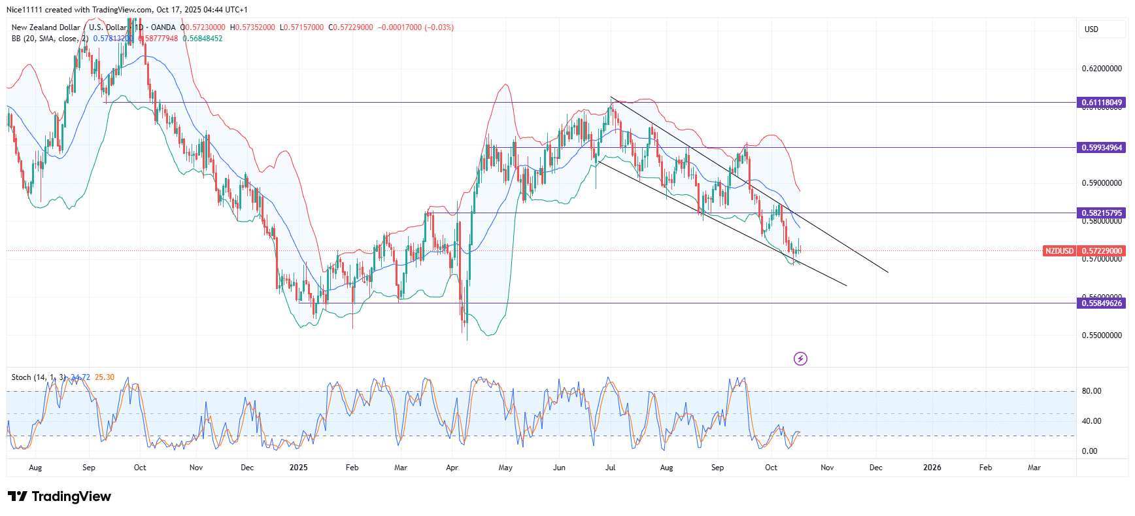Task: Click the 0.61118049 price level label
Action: [x=1102, y=103]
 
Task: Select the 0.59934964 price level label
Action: [x=1102, y=148]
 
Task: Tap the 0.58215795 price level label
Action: [x=1102, y=213]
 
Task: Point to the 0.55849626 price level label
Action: [x=1102, y=303]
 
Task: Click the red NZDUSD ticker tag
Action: [x=1059, y=251]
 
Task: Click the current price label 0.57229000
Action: [x=1102, y=251]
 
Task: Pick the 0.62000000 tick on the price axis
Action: [x=1102, y=69]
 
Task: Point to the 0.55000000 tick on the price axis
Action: [x=1102, y=335]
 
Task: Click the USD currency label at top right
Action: [x=1091, y=29]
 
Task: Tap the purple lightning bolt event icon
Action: [x=800, y=358]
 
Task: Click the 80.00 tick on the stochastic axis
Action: [x=1091, y=391]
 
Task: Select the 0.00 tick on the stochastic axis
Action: [x=1089, y=451]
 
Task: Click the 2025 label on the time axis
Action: [x=298, y=468]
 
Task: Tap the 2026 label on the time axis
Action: [x=932, y=468]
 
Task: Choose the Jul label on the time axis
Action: [x=610, y=468]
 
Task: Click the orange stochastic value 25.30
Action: [x=105, y=377]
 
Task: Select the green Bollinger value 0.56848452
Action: [x=203, y=39]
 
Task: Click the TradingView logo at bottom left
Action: [x=59, y=496]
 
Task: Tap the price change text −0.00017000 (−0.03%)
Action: [x=416, y=27]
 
